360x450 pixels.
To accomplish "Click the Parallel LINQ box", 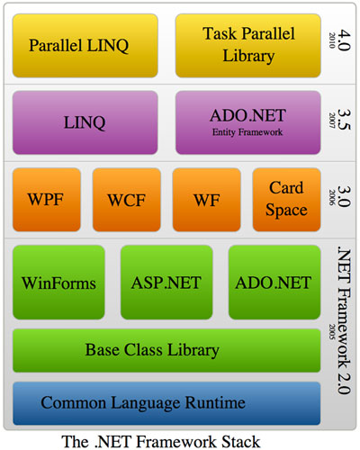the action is (85, 46).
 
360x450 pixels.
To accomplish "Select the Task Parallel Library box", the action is (248, 46).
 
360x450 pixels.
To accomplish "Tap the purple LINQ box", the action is (85, 122).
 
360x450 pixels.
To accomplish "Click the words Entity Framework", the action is (247, 132).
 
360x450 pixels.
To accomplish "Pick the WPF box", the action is (47, 200).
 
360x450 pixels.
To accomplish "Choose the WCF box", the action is (127, 200).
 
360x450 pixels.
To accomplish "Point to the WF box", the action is (207, 200).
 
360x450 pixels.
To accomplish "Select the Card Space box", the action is (286, 200).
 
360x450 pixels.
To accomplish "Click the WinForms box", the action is (58, 283).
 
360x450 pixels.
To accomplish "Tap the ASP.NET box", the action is (166, 283).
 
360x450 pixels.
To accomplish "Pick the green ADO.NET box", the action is (274, 283).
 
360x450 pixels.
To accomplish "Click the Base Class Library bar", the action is (166, 350).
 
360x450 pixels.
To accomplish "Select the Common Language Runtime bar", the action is (166, 403).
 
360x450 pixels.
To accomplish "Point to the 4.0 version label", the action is (344, 40).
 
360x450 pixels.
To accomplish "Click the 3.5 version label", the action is (344, 120).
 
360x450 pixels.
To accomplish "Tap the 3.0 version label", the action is (344, 196).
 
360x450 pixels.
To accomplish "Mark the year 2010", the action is (332, 40).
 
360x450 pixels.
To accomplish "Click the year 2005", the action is (332, 331).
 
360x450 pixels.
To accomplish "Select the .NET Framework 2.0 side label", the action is (344, 320).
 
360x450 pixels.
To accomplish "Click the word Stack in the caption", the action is (241, 442).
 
